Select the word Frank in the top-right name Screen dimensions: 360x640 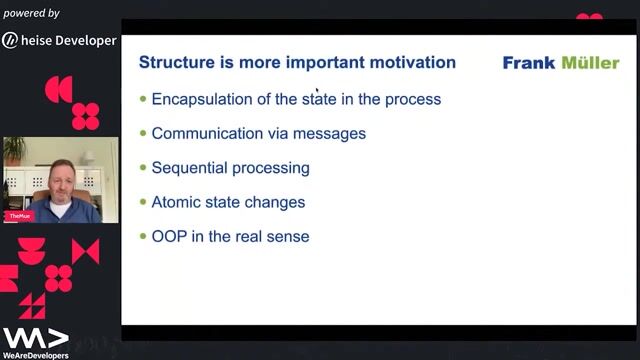(x=529, y=63)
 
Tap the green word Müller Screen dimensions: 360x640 (x=590, y=63)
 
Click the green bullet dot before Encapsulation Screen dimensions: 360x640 (x=143, y=99)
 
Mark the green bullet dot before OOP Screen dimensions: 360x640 (x=143, y=236)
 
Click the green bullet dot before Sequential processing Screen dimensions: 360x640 (x=143, y=167)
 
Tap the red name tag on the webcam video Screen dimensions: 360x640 (x=17, y=215)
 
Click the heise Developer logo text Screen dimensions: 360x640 (x=70, y=41)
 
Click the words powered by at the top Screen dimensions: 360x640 (x=31, y=13)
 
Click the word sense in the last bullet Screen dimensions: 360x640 (x=288, y=236)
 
